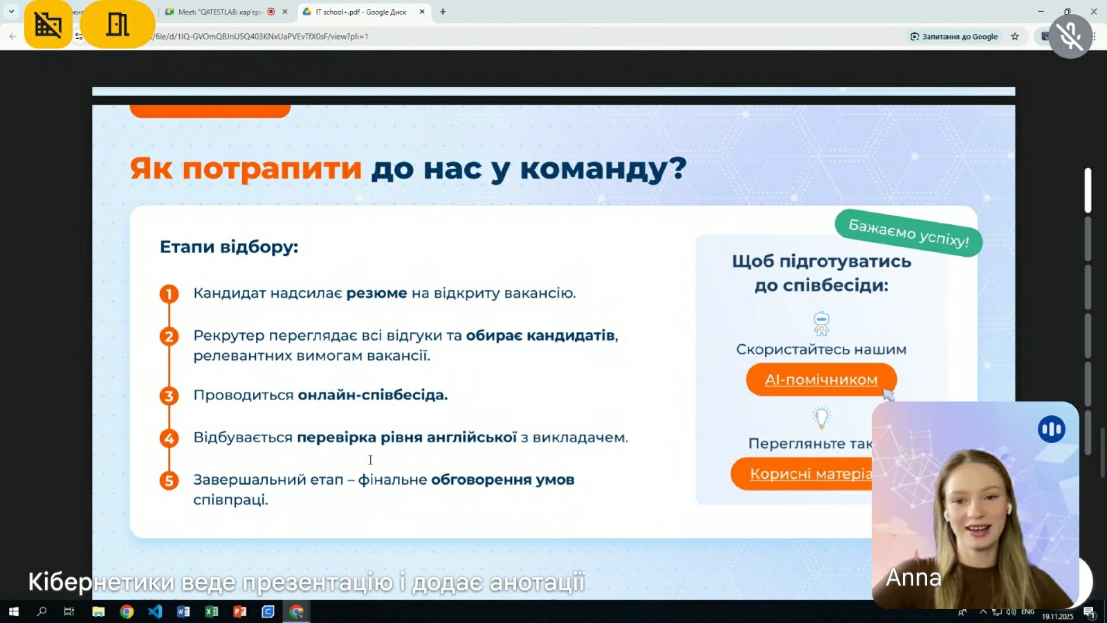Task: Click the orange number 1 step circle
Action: point(169,294)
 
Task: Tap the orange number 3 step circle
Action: point(169,396)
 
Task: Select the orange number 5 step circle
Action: point(169,480)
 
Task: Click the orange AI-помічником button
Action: point(821,379)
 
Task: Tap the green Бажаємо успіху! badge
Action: point(908,233)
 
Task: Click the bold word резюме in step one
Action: point(376,294)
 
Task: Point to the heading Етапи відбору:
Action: point(229,247)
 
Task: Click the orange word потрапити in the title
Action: point(272,168)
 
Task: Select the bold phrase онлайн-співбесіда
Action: point(373,395)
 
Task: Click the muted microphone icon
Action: point(1070,37)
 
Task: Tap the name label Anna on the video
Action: point(913,577)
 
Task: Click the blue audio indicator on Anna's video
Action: point(1051,429)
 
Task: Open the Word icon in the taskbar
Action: point(183,611)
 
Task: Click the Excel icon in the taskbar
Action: point(212,611)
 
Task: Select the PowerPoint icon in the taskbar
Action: point(239,611)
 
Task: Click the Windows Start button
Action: point(13,611)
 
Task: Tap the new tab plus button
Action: point(443,12)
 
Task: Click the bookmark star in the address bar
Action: point(1015,37)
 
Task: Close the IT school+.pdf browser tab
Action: point(422,12)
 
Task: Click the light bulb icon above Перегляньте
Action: point(821,417)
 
